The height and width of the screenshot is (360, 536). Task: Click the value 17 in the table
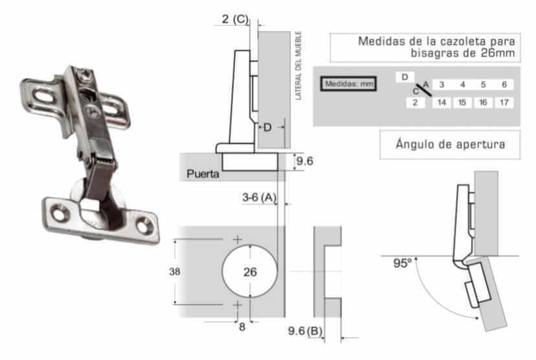click(504, 102)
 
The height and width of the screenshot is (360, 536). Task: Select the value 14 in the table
click(441, 102)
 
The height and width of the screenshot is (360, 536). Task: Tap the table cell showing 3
click(441, 84)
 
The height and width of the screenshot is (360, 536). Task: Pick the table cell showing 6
click(504, 84)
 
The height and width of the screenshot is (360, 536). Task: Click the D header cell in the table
click(405, 77)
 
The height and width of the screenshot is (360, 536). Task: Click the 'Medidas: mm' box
click(348, 84)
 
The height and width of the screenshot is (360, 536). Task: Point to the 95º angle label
click(403, 264)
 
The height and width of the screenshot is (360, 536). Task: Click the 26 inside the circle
click(250, 272)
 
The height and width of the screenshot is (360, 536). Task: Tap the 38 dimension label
click(174, 271)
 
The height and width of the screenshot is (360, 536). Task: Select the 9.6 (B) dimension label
click(306, 331)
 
